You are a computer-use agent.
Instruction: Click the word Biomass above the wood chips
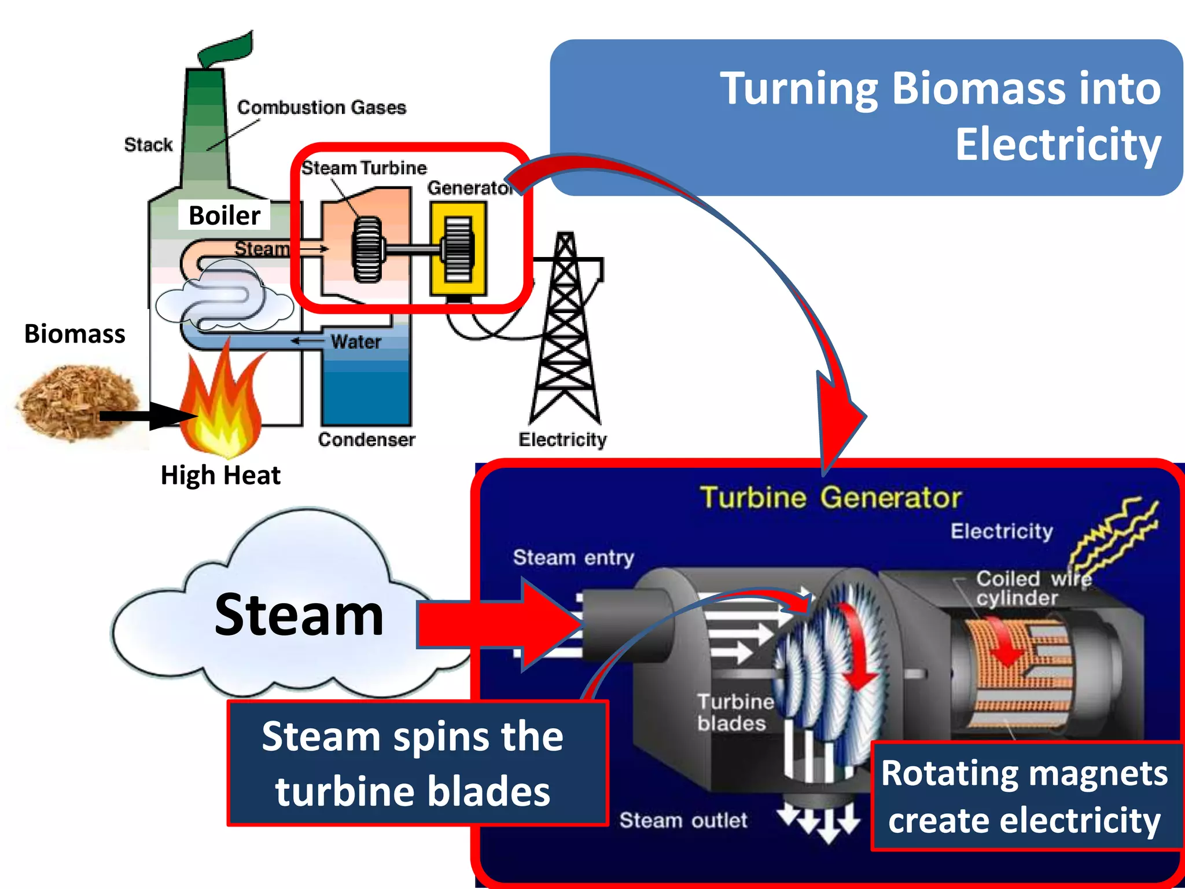point(75,334)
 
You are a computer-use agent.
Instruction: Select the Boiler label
point(225,215)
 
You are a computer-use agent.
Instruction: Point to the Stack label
point(148,145)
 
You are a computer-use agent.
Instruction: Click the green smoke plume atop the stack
point(227,49)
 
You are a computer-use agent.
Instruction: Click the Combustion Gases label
point(322,108)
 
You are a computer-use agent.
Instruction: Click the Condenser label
point(366,440)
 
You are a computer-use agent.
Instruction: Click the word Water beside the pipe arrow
point(356,341)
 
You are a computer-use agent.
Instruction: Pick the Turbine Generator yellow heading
point(830,498)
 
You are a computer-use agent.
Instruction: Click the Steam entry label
point(573,557)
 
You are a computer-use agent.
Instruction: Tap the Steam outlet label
point(683,820)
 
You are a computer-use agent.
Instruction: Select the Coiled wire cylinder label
point(1033,588)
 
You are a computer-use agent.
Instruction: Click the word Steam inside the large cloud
point(299,615)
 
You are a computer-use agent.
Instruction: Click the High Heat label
point(220,475)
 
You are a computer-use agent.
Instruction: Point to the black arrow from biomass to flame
point(148,416)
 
